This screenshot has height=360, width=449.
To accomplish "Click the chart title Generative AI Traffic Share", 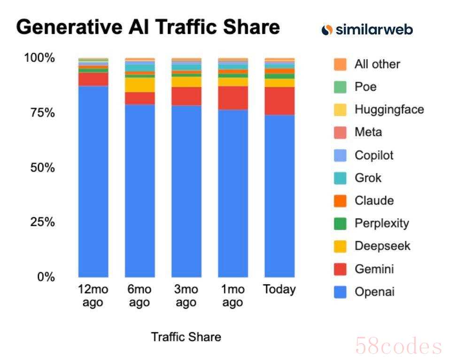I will tap(148, 27).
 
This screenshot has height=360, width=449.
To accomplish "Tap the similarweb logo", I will tap(367, 30).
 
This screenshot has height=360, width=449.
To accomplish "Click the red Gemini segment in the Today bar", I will tap(279, 101).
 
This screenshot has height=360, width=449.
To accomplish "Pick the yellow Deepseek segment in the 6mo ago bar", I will tap(139, 85).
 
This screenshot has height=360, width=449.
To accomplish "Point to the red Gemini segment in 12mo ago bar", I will tap(93, 79).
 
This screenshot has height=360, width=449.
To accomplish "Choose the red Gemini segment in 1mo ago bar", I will tap(232, 98).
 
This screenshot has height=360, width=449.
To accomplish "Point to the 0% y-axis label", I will tap(46, 276).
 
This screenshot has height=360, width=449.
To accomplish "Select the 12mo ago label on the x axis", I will tap(93, 296).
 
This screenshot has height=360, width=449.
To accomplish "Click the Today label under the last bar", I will tap(279, 290).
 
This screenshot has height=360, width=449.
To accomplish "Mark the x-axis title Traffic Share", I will tap(186, 337).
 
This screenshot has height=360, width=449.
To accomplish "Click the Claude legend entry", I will tap(374, 201).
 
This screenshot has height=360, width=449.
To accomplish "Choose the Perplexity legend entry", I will tap(381, 223).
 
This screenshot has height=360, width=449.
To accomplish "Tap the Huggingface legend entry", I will tap(389, 110).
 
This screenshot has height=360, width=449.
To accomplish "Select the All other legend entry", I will tap(377, 64).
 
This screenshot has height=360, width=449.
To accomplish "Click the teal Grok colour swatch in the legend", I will tap(341, 178).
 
